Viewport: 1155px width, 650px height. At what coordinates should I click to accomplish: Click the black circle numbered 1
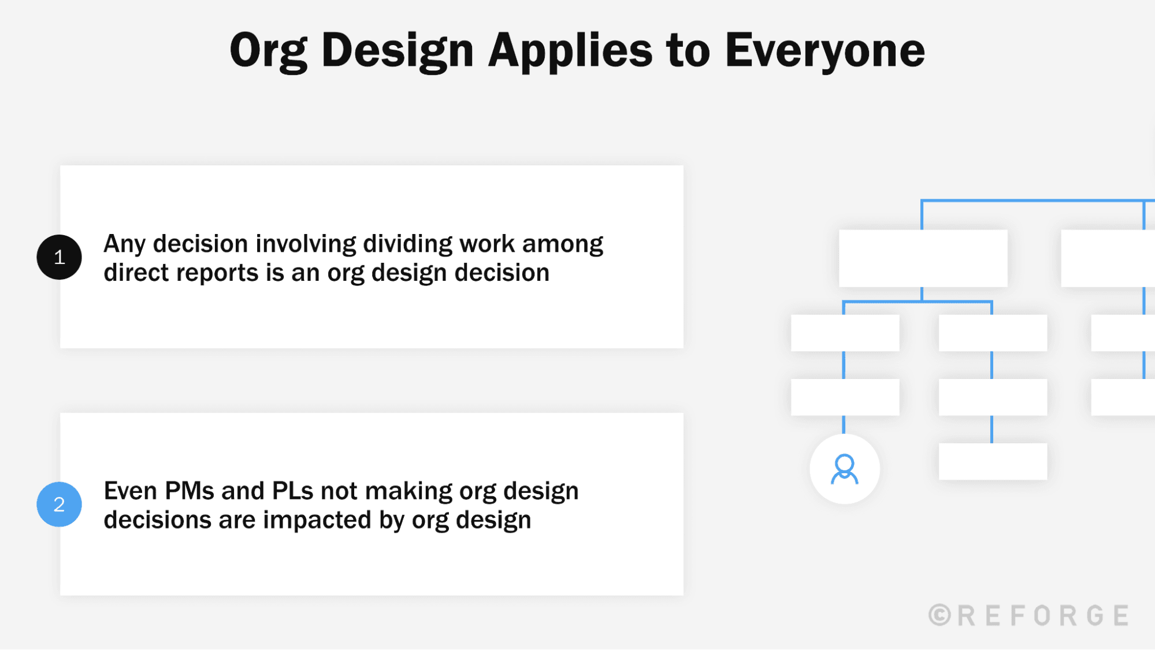(x=59, y=257)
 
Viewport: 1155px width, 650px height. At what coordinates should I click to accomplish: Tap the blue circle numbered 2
(x=59, y=504)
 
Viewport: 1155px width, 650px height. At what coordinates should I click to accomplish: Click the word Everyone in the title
(x=825, y=51)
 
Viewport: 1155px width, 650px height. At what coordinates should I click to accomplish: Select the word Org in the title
(x=268, y=51)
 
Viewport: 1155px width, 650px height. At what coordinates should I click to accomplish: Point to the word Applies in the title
(x=570, y=51)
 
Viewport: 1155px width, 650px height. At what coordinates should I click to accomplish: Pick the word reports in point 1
(x=217, y=273)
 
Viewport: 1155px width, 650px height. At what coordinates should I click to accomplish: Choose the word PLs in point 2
(x=292, y=491)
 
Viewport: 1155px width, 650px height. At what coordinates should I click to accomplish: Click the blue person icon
(x=844, y=469)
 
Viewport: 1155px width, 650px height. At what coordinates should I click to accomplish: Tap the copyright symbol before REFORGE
(x=939, y=615)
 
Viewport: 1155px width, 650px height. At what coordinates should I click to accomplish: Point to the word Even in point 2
(x=130, y=491)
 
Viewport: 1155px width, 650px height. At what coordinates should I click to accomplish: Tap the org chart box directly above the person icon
(x=845, y=397)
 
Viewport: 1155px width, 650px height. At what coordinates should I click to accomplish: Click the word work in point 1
(x=486, y=244)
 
